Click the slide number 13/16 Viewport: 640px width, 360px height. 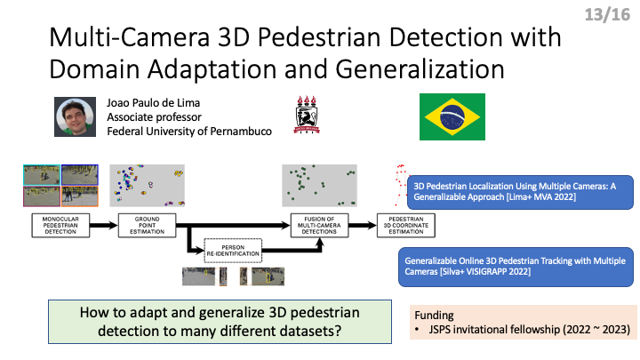[x=607, y=15]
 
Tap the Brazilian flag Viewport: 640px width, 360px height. [x=452, y=116]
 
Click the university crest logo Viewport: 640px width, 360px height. [x=307, y=115]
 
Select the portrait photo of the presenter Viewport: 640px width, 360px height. [x=75, y=116]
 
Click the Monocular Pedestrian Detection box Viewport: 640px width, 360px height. [x=60, y=225]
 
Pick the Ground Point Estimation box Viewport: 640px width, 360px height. [x=147, y=225]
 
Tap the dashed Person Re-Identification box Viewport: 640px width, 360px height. [x=233, y=251]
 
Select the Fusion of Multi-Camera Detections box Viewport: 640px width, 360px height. [x=319, y=225]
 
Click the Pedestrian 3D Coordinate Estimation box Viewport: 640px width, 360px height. [x=405, y=225]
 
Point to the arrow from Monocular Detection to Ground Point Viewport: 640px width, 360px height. [x=104, y=225]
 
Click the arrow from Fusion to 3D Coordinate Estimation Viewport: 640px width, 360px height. [x=363, y=225]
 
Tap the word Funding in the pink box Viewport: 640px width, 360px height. [x=434, y=315]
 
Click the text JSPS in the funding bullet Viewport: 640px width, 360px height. [x=440, y=330]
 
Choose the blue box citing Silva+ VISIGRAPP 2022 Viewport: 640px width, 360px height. [x=516, y=267]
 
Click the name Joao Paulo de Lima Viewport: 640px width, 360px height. [x=154, y=103]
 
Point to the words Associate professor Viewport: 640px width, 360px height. [x=155, y=117]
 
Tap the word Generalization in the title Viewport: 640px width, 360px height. [x=420, y=68]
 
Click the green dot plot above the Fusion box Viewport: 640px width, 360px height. [x=320, y=185]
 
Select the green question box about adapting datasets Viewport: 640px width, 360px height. [x=220, y=322]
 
